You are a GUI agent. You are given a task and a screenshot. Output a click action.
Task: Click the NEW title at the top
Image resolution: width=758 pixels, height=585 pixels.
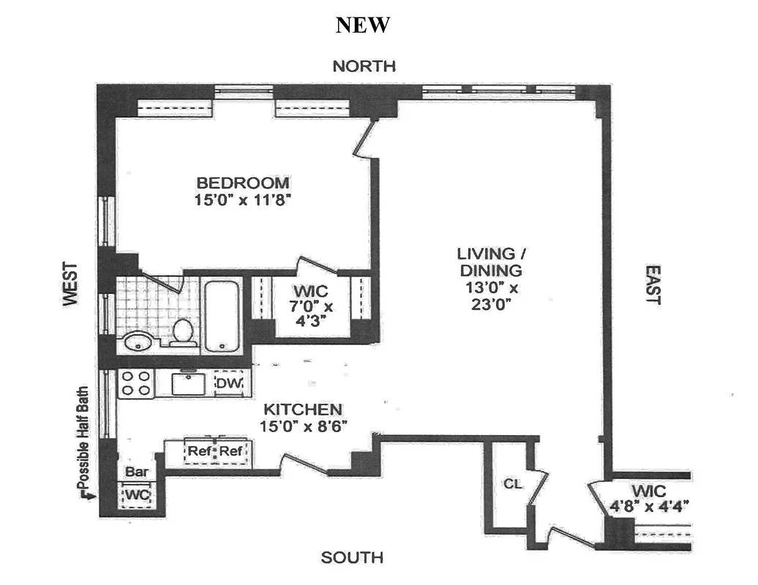(363, 25)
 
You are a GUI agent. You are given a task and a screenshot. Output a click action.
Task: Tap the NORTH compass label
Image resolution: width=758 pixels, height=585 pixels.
(364, 67)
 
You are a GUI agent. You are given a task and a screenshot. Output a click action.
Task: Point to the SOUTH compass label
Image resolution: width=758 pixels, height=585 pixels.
(352, 558)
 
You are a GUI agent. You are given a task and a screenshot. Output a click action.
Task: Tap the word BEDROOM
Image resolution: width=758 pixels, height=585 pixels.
(242, 183)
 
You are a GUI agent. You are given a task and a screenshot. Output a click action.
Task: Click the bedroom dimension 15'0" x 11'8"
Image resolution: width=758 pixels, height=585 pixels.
(242, 199)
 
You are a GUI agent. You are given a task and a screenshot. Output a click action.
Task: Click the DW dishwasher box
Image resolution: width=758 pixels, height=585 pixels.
(228, 382)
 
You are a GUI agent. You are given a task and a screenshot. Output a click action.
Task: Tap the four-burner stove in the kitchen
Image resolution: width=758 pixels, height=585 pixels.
(135, 383)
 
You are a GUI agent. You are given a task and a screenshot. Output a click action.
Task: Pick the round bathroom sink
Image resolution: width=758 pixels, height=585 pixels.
(138, 341)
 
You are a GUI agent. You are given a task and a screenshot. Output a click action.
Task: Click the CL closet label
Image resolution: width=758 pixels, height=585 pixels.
(511, 484)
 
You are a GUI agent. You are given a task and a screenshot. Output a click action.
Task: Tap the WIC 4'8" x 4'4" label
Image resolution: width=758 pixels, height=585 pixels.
(651, 498)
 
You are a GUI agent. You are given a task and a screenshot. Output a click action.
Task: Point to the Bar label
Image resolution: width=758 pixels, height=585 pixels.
(137, 472)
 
